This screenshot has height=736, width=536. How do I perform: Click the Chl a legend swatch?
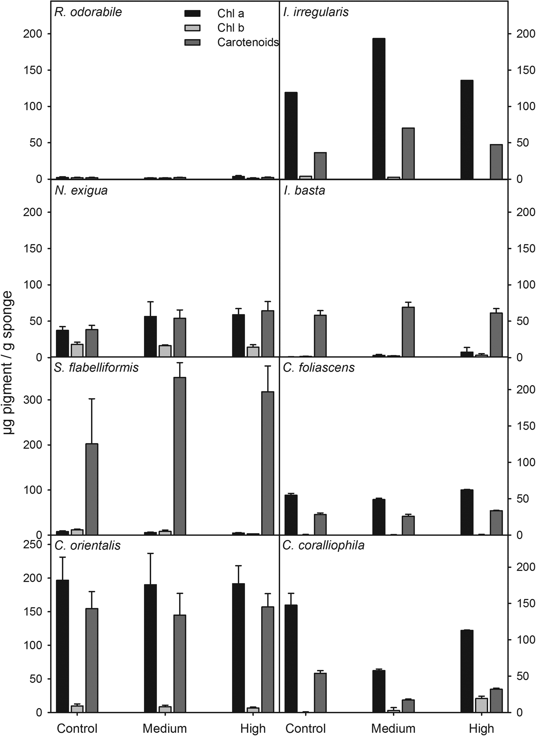[x=193, y=14]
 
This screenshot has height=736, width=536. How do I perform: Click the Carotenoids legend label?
[x=248, y=43]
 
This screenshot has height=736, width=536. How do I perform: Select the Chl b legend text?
[x=230, y=28]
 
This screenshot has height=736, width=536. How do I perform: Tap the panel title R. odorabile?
[x=88, y=12]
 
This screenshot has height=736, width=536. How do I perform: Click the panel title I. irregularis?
[x=315, y=12]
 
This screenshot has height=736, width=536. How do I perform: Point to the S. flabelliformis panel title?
[x=96, y=368]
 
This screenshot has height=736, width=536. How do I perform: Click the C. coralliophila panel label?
[x=323, y=545]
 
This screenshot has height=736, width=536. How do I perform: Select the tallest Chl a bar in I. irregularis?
[x=379, y=109]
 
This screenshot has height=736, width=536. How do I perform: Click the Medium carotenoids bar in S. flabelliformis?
[x=180, y=456]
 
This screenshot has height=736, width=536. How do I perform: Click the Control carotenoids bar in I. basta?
[x=320, y=336]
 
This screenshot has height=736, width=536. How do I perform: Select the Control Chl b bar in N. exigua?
[x=77, y=350]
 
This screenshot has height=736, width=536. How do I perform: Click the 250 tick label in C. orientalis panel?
[x=33, y=544]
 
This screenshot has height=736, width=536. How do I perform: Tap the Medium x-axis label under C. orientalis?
[x=165, y=728]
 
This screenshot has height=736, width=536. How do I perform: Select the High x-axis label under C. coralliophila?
[x=481, y=728]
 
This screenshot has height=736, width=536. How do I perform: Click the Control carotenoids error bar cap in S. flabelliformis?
[x=92, y=399]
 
